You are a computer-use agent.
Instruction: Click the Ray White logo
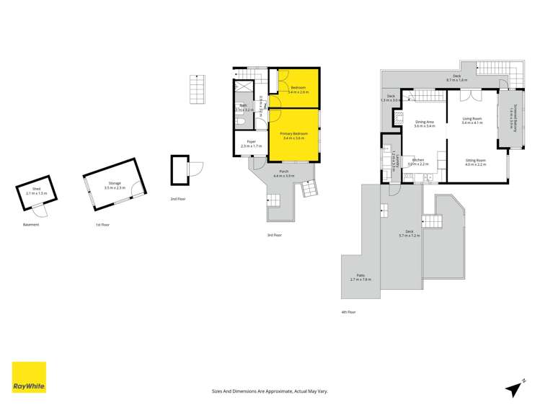[x=29, y=378]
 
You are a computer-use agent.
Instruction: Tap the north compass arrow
[x=514, y=388]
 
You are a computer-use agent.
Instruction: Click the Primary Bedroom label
[x=294, y=135]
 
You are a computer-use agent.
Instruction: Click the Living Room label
[x=472, y=121]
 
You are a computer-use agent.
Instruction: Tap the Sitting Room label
[x=475, y=162]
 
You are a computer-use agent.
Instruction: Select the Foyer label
[x=251, y=143]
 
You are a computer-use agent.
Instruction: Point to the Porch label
[x=284, y=174]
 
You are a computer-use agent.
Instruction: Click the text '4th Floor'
[x=349, y=312]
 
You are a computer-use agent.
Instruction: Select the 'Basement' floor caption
[x=30, y=225]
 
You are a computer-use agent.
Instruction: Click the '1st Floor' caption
[x=102, y=225]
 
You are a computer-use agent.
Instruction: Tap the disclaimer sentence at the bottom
[x=270, y=391]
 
